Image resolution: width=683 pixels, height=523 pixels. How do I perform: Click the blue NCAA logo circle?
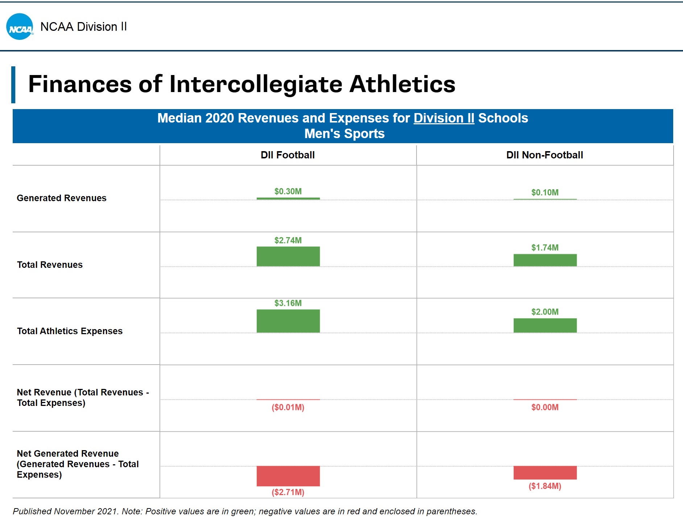click(20, 27)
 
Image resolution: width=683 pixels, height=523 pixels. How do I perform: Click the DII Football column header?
click(287, 155)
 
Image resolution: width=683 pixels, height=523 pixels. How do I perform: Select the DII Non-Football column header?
click(545, 155)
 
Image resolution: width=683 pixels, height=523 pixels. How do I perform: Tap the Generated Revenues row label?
click(62, 198)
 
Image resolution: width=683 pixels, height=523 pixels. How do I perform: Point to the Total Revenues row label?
click(50, 265)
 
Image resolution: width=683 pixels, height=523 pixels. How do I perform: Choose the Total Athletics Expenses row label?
click(70, 331)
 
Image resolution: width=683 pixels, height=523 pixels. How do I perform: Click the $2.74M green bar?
click(288, 257)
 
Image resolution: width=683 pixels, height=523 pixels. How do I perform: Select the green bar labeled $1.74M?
click(545, 260)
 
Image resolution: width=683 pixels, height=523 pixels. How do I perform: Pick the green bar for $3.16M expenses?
click(288, 321)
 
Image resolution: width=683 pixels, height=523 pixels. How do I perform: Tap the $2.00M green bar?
click(545, 325)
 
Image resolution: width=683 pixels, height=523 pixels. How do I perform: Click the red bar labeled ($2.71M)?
click(288, 476)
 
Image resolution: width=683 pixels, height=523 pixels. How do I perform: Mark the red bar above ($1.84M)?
click(545, 473)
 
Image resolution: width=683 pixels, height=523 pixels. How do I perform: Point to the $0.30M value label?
click(288, 191)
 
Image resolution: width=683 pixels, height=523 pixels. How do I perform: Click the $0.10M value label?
click(545, 192)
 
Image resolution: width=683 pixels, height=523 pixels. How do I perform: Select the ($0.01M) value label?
click(288, 407)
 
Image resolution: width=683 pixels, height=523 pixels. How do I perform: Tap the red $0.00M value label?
click(545, 407)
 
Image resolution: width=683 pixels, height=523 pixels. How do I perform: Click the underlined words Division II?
click(444, 118)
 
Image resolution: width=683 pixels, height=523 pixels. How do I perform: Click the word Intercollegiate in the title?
click(256, 84)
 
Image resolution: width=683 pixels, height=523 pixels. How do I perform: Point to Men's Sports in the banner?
click(344, 134)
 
